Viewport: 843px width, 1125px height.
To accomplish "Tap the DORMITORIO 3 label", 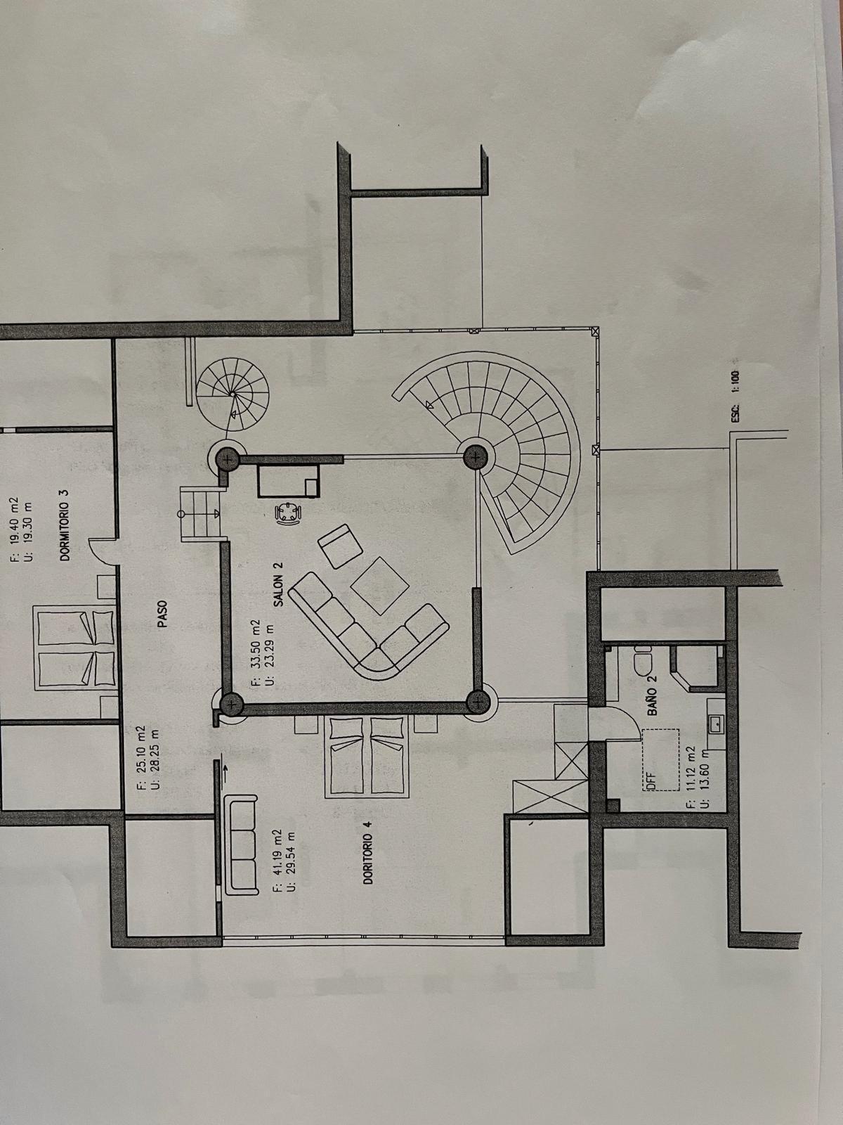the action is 65,524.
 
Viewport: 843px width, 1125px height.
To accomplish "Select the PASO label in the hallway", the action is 163,614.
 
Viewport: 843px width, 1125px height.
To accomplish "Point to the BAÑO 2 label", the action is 652,695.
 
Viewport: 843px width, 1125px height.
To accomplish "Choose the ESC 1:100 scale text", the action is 735,396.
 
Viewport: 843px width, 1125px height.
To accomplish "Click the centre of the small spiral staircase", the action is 233,394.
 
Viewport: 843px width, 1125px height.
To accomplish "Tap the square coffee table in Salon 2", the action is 380,585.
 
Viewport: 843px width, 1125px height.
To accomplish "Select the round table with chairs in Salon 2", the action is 289,513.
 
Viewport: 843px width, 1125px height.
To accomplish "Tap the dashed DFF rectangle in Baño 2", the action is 661,760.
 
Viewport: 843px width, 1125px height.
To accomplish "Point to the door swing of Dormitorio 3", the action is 101,552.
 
